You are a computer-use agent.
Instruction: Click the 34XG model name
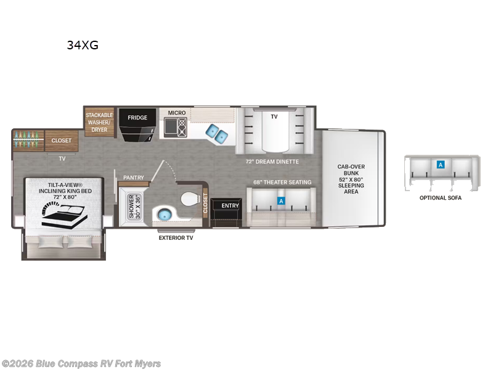83,44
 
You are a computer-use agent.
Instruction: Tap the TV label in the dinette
274,115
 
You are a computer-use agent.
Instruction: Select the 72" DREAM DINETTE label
272,162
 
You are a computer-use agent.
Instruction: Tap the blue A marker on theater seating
282,201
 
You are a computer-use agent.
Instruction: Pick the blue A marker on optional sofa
440,165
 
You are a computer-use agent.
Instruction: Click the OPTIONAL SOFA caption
440,198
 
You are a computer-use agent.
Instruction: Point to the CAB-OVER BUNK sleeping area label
351,179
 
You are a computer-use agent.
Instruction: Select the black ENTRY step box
230,205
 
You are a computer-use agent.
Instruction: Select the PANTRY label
133,178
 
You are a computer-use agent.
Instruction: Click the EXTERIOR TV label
176,237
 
